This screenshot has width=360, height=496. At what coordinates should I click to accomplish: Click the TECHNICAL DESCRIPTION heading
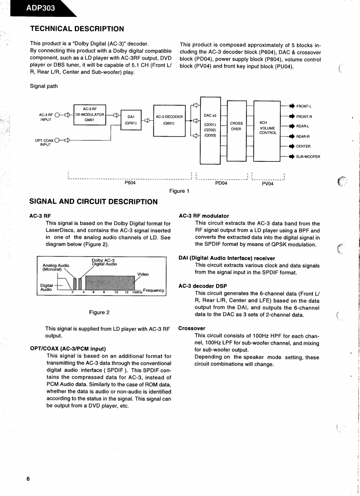click(77, 29)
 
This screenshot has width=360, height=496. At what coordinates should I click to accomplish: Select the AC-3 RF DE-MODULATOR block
click(90, 116)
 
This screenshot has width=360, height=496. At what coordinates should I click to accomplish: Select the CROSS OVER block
click(236, 126)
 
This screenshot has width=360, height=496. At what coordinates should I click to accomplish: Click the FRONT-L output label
click(304, 106)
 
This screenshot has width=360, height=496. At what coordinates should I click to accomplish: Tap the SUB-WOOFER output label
click(308, 156)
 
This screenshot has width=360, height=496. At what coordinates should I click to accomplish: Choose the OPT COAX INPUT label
click(44, 143)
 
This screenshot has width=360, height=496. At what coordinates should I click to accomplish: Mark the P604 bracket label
click(130, 183)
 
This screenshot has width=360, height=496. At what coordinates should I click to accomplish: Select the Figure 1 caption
click(179, 191)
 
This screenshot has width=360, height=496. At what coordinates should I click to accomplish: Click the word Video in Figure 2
click(143, 274)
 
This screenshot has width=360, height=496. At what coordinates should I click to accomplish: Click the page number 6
click(28, 479)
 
